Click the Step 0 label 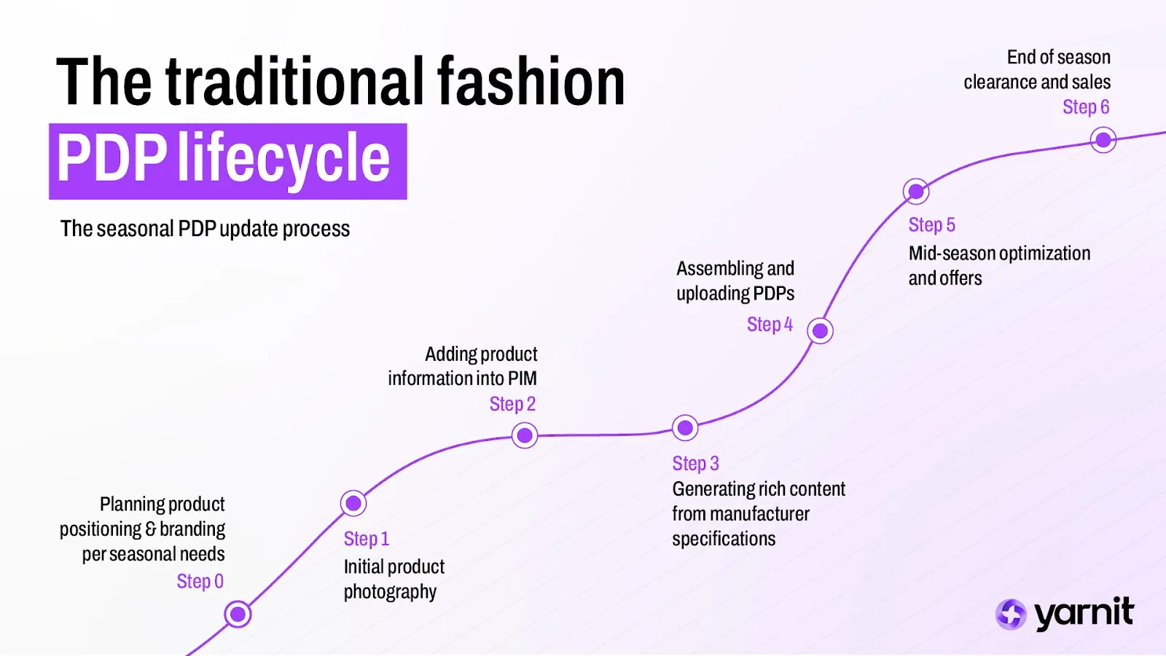(x=200, y=582)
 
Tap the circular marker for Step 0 (x=238, y=614)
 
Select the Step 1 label (x=366, y=539)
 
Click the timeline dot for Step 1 (x=353, y=503)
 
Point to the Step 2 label (x=512, y=404)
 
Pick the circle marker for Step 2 (x=525, y=436)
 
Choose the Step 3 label (x=695, y=464)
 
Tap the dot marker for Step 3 (x=685, y=428)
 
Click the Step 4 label (x=770, y=324)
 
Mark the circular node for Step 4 (x=820, y=331)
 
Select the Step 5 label (x=931, y=225)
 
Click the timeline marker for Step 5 (x=916, y=192)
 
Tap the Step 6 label (x=1086, y=107)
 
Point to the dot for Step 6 (x=1103, y=139)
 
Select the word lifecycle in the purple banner (x=284, y=159)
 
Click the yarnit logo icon (x=1011, y=614)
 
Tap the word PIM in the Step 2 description (x=523, y=379)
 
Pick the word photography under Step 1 (x=390, y=592)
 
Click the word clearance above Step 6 (x=1001, y=82)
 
